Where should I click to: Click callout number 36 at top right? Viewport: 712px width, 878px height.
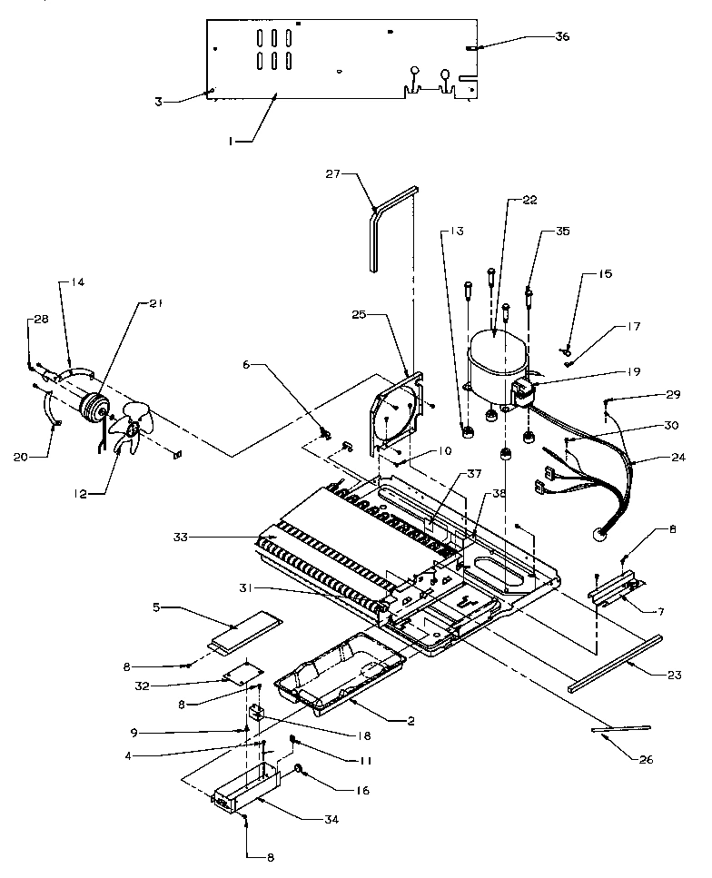click(563, 37)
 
